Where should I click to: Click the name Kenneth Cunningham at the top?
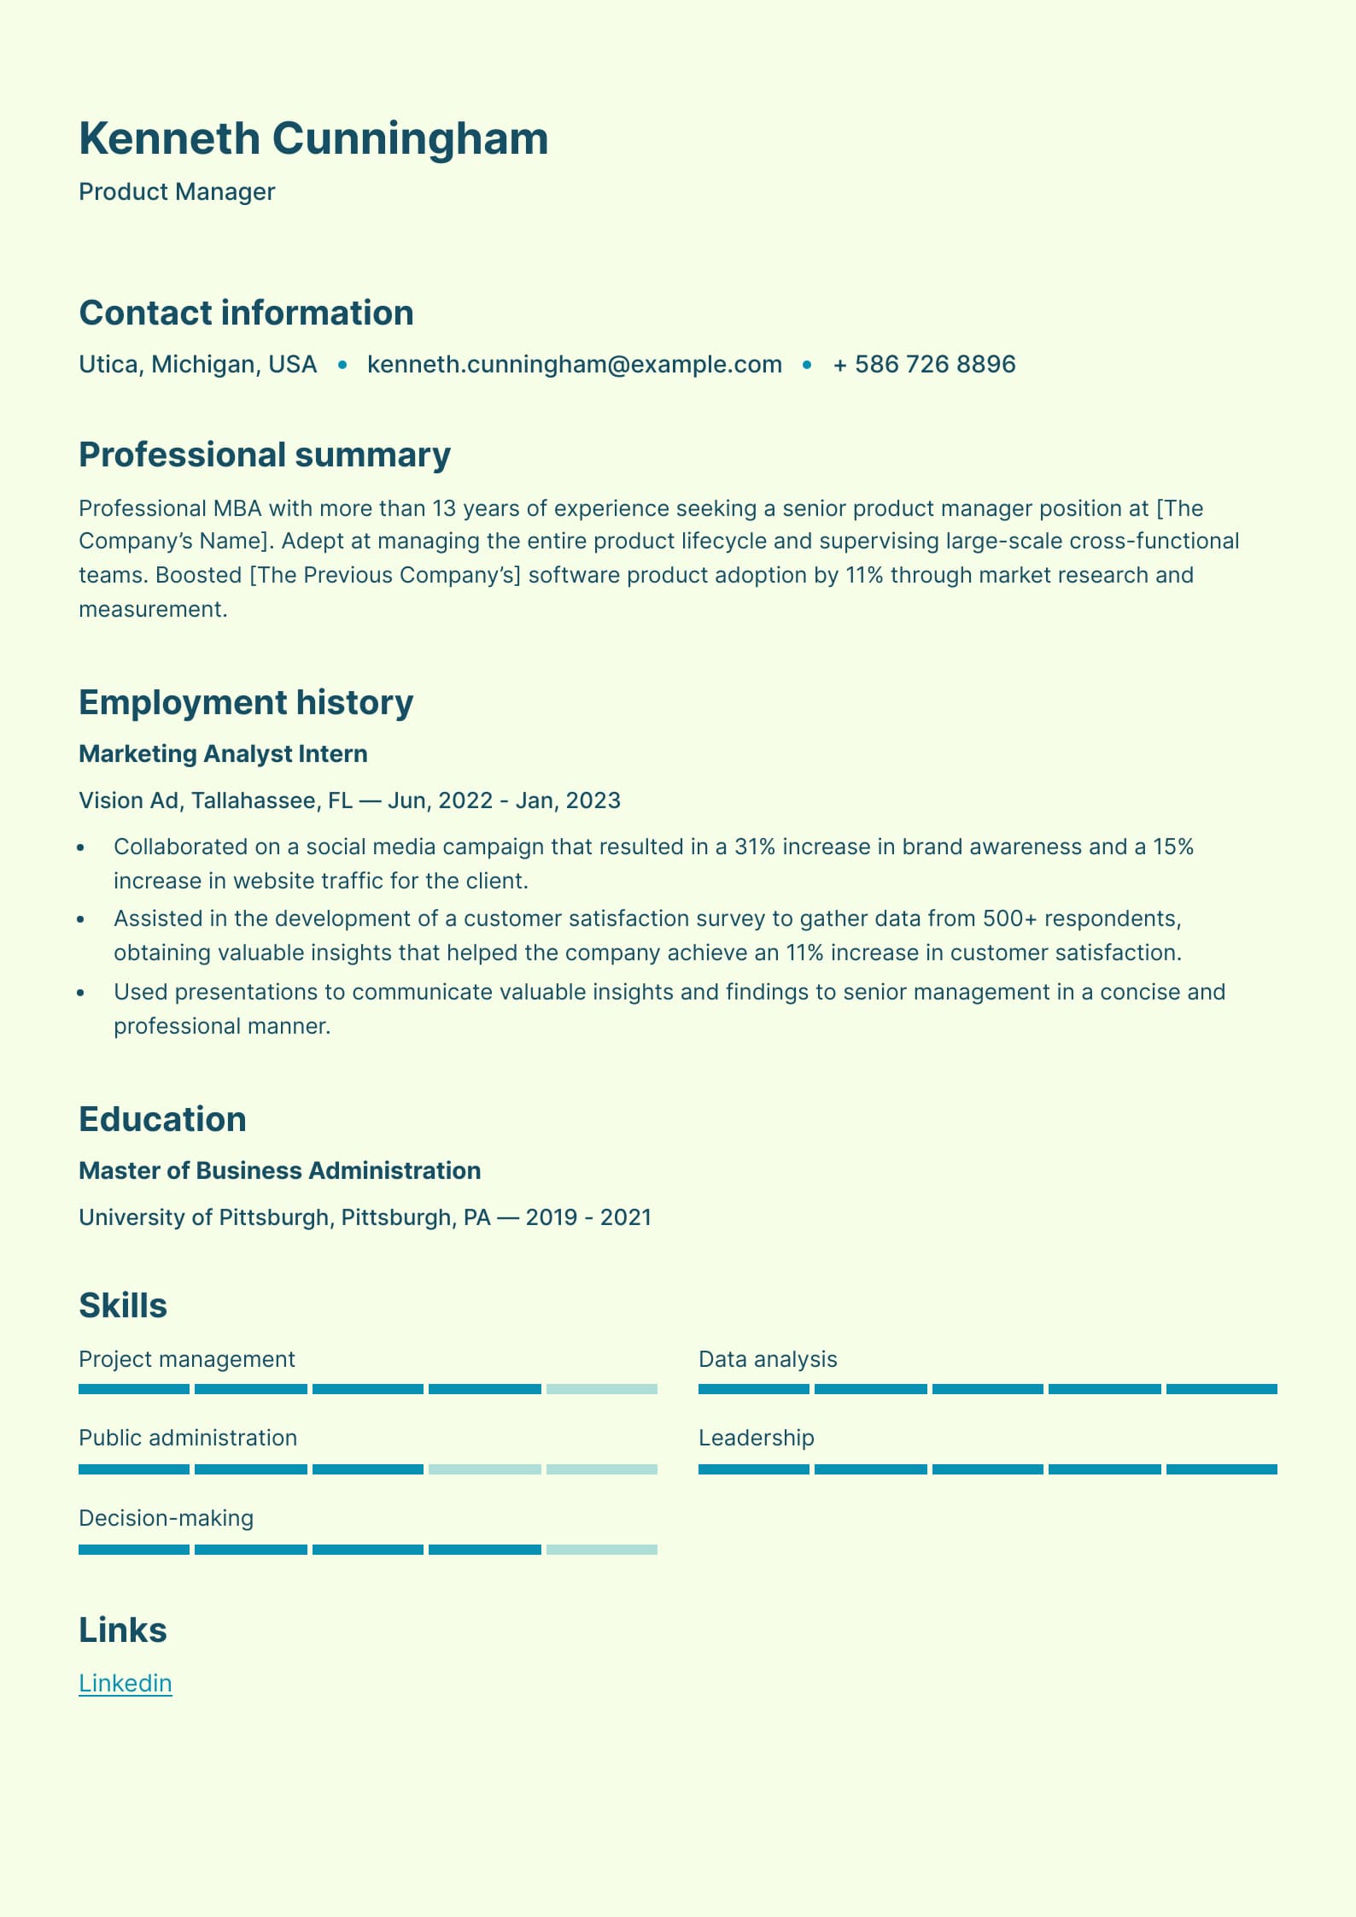(x=313, y=138)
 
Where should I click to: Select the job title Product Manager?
(x=177, y=192)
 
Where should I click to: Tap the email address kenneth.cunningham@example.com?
(x=574, y=365)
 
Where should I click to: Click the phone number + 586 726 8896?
(x=924, y=365)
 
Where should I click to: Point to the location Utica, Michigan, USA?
(x=197, y=365)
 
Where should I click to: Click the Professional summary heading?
(x=264, y=455)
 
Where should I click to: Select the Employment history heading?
(x=246, y=702)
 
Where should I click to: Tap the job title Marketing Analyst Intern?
(x=223, y=754)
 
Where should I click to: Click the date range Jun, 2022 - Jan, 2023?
(x=504, y=800)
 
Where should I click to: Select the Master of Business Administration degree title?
(x=279, y=1171)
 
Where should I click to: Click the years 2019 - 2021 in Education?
(x=588, y=1217)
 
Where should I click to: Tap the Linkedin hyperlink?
(x=126, y=1683)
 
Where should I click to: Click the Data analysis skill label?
(x=768, y=1359)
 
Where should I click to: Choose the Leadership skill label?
(x=756, y=1438)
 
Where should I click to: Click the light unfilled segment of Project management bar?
(x=602, y=1389)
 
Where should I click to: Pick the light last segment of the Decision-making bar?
(x=602, y=1550)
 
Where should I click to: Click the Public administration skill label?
(x=188, y=1438)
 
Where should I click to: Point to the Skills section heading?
(x=123, y=1305)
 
